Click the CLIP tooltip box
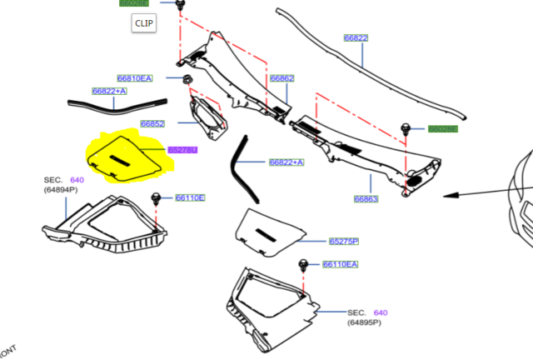(x=143, y=23)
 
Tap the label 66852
(x=152, y=123)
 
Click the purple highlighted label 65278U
(x=182, y=149)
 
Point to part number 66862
(x=281, y=78)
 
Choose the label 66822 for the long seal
(x=356, y=38)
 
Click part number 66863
(x=366, y=199)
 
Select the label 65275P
(x=343, y=241)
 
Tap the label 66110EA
(x=340, y=264)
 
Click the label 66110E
(x=190, y=197)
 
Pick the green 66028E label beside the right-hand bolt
(x=442, y=129)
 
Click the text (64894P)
(x=62, y=190)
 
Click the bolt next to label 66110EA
(x=303, y=264)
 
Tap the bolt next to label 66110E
(x=156, y=197)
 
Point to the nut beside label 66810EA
(x=187, y=80)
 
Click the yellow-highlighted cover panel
(x=125, y=156)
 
